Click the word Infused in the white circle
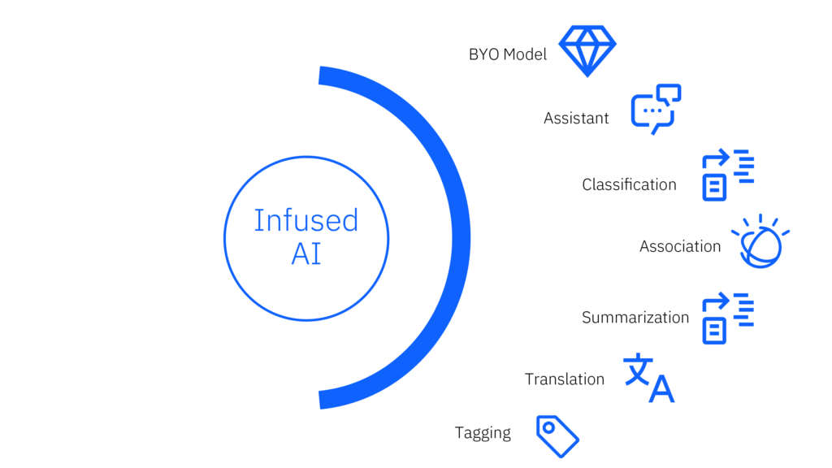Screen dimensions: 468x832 pos(305,220)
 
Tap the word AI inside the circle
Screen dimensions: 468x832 pos(305,254)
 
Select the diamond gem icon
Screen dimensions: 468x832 pos(587,50)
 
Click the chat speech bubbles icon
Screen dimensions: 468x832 pos(655,109)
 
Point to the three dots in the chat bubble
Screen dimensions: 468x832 pos(652,110)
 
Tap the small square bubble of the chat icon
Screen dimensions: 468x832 pos(669,93)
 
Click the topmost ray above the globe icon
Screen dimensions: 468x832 pos(760,219)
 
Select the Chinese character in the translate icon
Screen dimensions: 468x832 pos(637,369)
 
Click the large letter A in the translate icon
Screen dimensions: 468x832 pos(661,390)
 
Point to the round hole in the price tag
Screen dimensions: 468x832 pos(548,427)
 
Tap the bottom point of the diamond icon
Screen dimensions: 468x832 pos(587,76)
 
